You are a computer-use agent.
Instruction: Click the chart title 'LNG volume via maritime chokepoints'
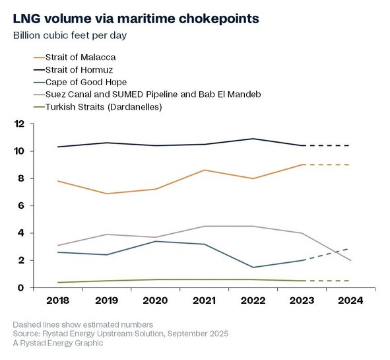click(x=136, y=19)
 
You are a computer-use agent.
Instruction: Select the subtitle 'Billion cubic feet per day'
click(x=70, y=36)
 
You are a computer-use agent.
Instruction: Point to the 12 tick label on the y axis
click(x=20, y=124)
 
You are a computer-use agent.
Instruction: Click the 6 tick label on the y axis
click(x=21, y=205)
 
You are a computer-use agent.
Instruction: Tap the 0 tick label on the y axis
click(x=21, y=288)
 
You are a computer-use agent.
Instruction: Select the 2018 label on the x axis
click(x=57, y=301)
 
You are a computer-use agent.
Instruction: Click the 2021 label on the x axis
click(x=204, y=301)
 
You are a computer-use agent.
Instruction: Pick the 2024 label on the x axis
click(x=350, y=301)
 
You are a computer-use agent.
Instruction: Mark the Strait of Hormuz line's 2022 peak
click(x=253, y=139)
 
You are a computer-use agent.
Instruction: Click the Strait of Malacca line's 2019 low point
click(x=107, y=194)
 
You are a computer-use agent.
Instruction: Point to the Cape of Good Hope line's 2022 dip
click(x=253, y=268)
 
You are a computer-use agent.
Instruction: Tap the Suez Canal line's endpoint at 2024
click(x=350, y=260)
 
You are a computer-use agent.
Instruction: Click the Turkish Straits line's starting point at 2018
click(x=57, y=282)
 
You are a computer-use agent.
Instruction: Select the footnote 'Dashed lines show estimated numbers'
click(x=83, y=324)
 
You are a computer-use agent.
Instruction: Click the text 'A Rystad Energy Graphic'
click(x=58, y=343)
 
